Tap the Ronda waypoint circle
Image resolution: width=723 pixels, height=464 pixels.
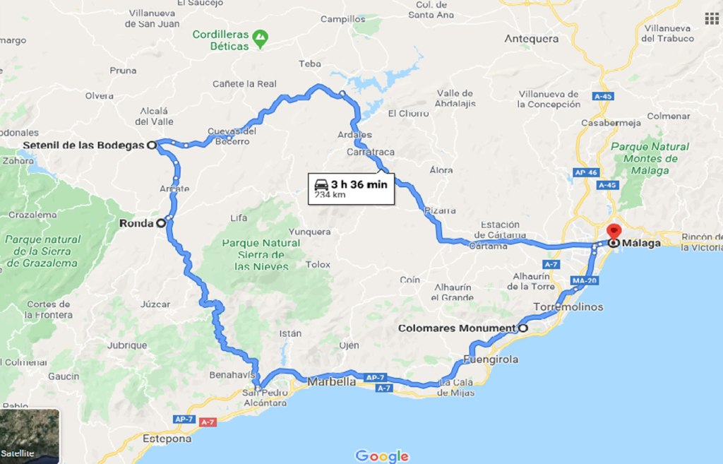point(160,223)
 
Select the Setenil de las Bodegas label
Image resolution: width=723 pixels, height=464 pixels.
point(83,145)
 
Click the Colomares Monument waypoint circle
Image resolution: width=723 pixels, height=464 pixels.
point(523,328)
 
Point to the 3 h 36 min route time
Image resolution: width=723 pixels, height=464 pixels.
point(359,184)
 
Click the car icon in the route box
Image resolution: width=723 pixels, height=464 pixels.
point(321,184)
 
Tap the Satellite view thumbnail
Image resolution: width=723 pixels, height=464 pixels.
point(30,436)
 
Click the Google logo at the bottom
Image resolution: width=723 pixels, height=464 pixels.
point(382,456)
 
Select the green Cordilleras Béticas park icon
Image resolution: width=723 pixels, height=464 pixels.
point(261,36)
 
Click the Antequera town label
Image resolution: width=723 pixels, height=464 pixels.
point(531,39)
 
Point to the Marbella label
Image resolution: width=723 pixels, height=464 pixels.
point(332,381)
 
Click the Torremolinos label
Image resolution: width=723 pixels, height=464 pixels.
point(568,307)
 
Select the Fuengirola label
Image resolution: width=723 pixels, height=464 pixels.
point(492,359)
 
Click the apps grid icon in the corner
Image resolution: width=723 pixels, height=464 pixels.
point(711,18)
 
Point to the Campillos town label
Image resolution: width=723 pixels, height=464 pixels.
point(342,20)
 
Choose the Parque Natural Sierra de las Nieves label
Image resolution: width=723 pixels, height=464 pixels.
point(261,254)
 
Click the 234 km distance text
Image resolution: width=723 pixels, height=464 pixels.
point(330,195)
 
